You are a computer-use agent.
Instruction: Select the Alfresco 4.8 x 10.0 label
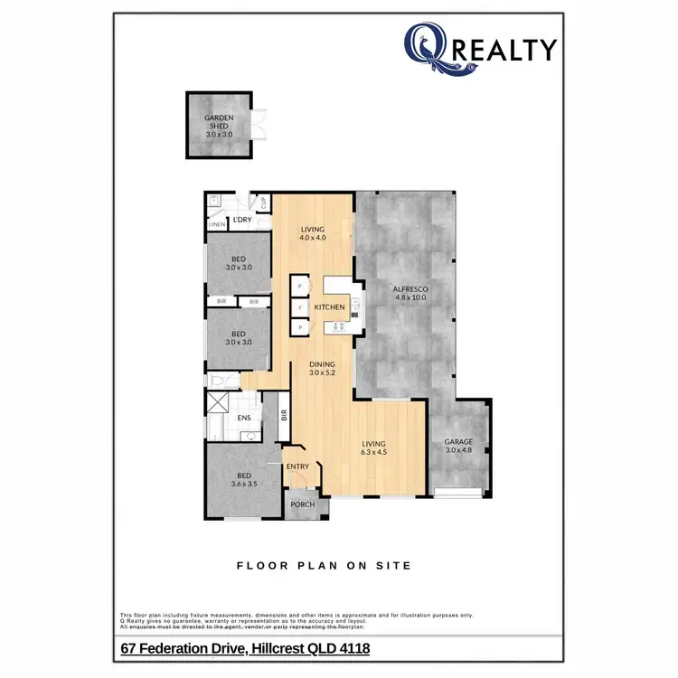pos(410,293)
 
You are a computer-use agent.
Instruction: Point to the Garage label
pos(458,446)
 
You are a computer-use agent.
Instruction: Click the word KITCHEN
pos(330,308)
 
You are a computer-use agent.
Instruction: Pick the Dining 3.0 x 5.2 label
pos(322,368)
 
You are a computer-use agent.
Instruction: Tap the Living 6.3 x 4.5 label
pos(373,447)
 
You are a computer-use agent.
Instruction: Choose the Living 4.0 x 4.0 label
pos(313,233)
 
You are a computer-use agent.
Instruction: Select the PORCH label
pos(303,504)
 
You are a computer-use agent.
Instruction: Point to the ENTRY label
pos(297,466)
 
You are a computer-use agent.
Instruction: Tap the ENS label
pos(244,419)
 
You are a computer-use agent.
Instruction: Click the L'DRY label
pos(241,220)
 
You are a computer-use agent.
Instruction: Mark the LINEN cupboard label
pos(216,224)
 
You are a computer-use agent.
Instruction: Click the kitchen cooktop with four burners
pos(344,326)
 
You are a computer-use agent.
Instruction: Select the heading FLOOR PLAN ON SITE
pos(324,566)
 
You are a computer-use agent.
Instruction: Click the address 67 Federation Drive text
pos(245,648)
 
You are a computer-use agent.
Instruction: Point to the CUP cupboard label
pos(263,203)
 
